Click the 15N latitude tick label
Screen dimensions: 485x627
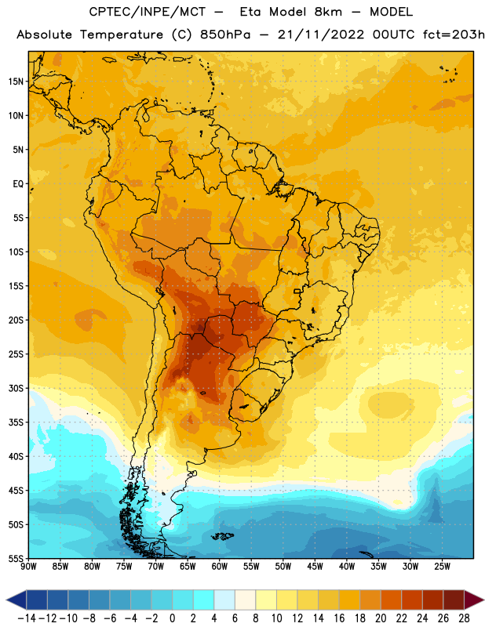point(16,82)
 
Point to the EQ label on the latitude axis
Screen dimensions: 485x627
point(18,184)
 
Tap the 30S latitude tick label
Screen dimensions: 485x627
point(16,388)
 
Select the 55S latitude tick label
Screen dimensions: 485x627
point(16,559)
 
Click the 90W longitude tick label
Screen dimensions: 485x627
point(28,567)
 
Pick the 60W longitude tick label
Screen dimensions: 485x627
point(220,567)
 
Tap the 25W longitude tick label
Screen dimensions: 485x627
point(442,567)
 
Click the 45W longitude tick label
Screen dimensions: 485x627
point(315,567)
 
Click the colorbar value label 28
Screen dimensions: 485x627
point(464,618)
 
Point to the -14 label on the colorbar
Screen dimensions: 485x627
point(27,618)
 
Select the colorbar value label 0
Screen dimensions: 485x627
point(172,618)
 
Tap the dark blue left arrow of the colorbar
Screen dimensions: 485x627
point(16,600)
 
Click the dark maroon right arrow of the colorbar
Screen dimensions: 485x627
point(474,600)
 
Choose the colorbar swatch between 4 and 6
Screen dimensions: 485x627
point(224,600)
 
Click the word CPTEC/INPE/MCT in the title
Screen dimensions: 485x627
point(148,12)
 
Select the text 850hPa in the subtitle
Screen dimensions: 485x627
point(225,34)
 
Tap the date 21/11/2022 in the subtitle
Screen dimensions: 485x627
point(321,34)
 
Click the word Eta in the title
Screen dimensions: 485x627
point(250,12)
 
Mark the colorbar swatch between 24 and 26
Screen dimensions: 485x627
point(432,600)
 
